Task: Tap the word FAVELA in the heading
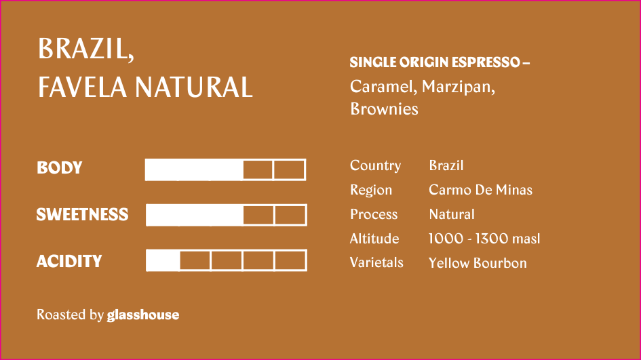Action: pos(83,87)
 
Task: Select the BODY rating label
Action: pos(60,167)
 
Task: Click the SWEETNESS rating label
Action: pos(82,214)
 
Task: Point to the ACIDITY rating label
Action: pos(69,261)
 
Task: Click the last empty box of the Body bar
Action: pos(289,169)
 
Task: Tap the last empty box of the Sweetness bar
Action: pos(291,215)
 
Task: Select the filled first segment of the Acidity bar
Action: pos(163,260)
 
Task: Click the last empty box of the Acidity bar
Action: pos(291,260)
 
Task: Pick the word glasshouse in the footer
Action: pos(143,315)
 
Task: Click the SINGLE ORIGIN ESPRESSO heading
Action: pos(440,62)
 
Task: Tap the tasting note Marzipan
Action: pos(459,87)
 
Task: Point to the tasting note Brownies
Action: pos(385,109)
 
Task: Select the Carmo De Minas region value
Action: pos(481,190)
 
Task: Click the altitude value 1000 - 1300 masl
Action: pos(484,239)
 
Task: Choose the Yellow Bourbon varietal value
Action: pos(478,263)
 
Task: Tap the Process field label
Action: pos(374,214)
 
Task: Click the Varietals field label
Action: pos(376,263)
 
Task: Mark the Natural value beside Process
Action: pos(452,214)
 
